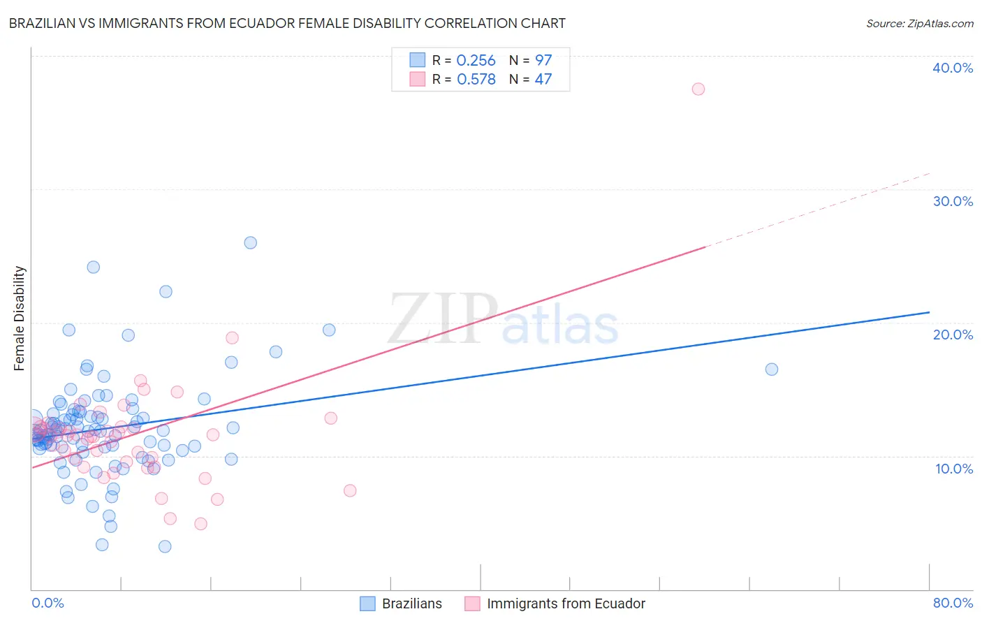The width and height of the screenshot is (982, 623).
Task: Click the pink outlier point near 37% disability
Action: click(x=698, y=89)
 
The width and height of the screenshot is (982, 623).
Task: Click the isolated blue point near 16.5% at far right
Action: click(x=771, y=369)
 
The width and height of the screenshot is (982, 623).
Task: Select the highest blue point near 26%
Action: click(x=250, y=242)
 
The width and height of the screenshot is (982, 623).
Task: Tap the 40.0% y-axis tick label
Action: click(x=952, y=68)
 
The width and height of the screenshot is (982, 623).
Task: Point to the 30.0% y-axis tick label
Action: click(x=952, y=201)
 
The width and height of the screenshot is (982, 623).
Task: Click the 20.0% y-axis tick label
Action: click(x=952, y=335)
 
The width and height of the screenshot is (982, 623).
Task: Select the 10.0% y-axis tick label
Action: click(x=953, y=469)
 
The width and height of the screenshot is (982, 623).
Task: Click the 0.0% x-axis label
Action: click(x=47, y=603)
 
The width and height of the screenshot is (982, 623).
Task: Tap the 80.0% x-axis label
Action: click(x=952, y=603)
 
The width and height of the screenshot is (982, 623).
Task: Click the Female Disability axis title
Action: click(x=20, y=318)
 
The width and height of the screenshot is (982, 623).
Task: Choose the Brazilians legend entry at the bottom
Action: click(x=411, y=603)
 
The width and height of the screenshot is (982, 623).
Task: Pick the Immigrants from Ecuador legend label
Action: click(x=566, y=603)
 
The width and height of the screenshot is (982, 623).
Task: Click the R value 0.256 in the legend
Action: click(x=476, y=61)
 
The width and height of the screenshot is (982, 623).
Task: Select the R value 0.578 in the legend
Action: click(x=476, y=79)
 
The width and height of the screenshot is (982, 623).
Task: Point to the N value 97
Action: click(x=543, y=61)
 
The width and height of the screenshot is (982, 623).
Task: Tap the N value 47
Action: click(x=543, y=79)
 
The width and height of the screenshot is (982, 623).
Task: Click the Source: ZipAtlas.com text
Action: click(x=919, y=24)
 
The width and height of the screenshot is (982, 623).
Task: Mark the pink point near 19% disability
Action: click(x=232, y=337)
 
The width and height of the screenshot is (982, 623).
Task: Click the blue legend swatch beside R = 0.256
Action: click(x=417, y=60)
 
